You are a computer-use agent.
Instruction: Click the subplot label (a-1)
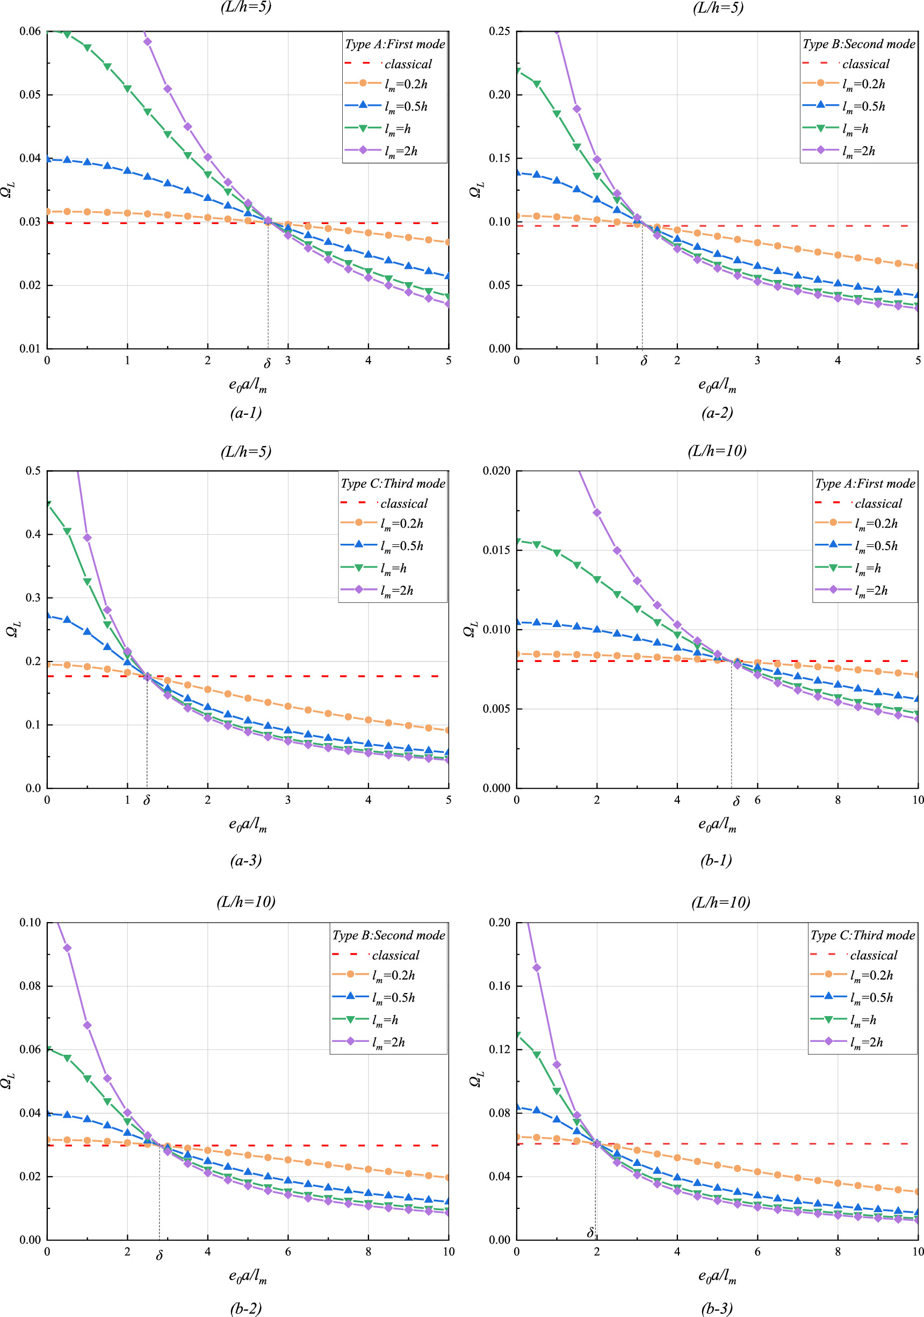(246, 413)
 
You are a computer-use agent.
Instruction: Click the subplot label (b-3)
(717, 1308)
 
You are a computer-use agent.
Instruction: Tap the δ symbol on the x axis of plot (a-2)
(644, 362)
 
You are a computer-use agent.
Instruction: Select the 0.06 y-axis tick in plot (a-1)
(30, 31)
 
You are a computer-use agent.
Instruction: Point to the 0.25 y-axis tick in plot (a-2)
(499, 31)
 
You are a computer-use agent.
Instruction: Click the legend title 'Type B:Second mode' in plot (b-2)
(389, 935)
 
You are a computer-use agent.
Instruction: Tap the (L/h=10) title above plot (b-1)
(717, 451)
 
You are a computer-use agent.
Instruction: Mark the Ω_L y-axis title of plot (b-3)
(476, 1081)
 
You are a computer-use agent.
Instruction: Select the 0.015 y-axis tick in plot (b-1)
(497, 550)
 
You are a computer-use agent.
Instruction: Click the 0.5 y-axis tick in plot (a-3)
(33, 471)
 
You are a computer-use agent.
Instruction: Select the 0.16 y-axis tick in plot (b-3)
(499, 986)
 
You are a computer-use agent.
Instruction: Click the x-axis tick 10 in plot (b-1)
(918, 800)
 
